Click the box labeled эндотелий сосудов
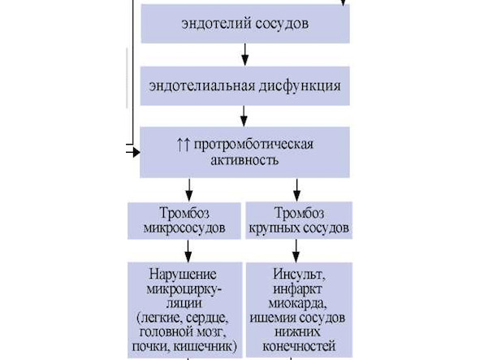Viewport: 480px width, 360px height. tap(245, 24)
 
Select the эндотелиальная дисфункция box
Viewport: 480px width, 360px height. tap(245, 86)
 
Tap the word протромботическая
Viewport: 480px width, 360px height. tap(253, 145)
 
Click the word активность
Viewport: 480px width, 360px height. tap(244, 160)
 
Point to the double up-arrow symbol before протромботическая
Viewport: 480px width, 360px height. tap(184, 144)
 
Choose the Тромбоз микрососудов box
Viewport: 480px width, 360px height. tap(184, 220)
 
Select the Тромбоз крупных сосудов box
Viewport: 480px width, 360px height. tap(299, 220)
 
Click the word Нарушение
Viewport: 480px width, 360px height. tap(183, 274)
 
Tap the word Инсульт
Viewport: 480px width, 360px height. tap(299, 274)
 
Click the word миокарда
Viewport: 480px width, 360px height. tap(296, 303)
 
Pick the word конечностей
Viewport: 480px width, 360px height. tap(299, 346)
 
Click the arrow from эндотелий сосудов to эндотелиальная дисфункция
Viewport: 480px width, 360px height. tap(245, 54)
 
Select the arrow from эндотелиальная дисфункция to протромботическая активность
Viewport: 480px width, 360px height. tap(244, 116)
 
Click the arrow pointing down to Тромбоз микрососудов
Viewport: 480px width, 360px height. tap(189, 190)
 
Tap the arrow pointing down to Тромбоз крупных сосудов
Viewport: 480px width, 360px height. tap(296, 190)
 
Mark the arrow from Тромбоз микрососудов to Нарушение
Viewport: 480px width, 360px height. tap(188, 250)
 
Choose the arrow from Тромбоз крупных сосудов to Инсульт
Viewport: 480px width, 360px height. tap(296, 250)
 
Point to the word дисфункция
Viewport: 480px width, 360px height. tap(300, 86)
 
